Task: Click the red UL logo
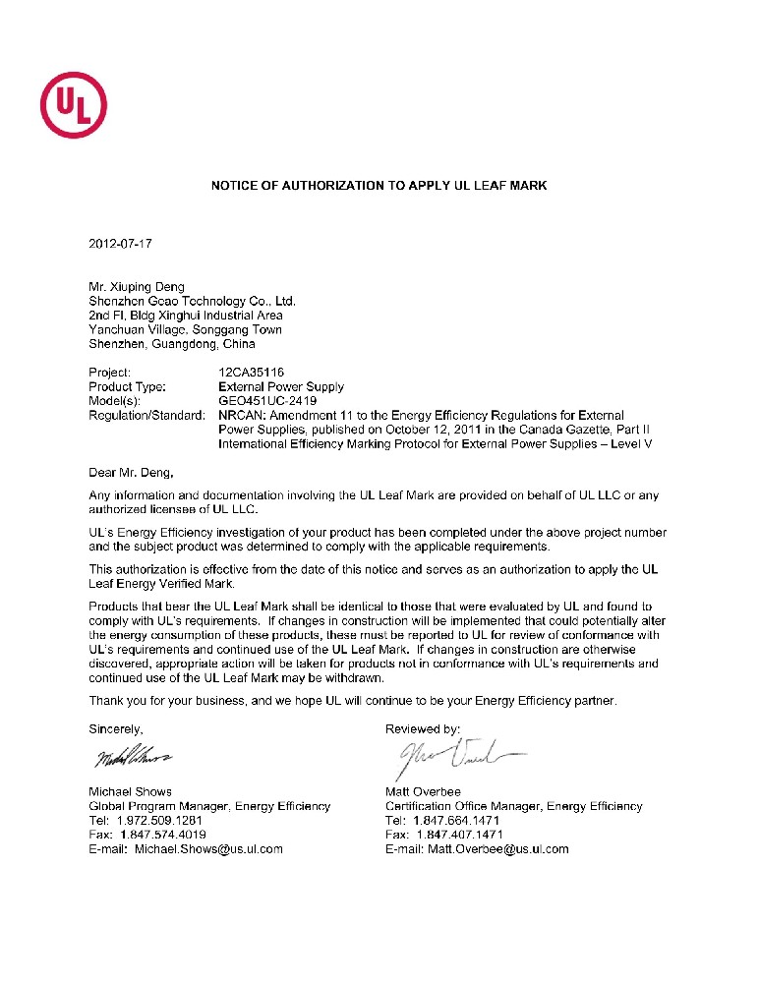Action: [x=74, y=103]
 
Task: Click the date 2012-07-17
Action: [x=121, y=242]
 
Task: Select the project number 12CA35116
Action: [x=251, y=373]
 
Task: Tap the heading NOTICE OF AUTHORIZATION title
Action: [x=379, y=185]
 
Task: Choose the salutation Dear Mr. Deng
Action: [x=131, y=473]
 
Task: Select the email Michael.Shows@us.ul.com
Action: [x=208, y=848]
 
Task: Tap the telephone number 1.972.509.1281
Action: [x=159, y=820]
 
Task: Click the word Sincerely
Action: [x=116, y=729]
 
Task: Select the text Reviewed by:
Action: [x=423, y=729]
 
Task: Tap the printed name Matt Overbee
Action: [x=424, y=791]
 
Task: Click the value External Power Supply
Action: [x=281, y=387]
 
